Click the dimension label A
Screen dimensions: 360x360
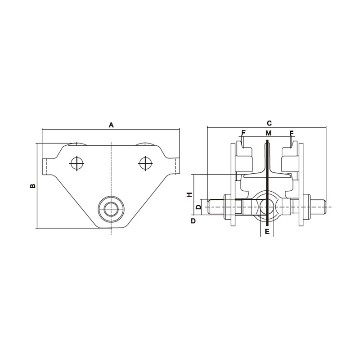pos(111,125)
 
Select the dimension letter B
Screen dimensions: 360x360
pos(32,185)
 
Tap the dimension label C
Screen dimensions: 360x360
pos(269,123)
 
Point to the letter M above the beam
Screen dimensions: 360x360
pos(269,133)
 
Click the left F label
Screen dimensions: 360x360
pos(243,133)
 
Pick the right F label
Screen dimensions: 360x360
pos(292,133)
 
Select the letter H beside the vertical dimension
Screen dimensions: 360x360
pos(189,194)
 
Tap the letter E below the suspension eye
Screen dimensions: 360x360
pos(267,232)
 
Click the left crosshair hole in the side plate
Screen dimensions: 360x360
pos(77,163)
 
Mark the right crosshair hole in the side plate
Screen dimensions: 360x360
pos(145,163)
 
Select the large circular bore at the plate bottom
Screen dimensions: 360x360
pos(111,209)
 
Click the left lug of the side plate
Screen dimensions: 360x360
pos(46,166)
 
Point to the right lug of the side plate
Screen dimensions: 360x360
pos(176,166)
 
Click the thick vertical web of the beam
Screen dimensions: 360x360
pos(267,180)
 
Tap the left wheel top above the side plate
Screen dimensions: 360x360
pos(77,144)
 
